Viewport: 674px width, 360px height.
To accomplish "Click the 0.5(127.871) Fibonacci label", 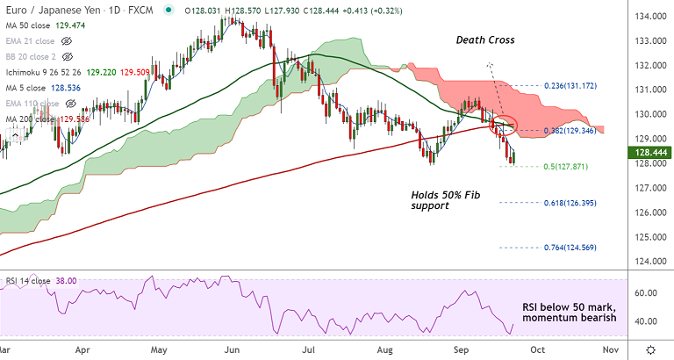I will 564,166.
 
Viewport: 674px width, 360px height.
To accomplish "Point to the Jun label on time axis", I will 232,349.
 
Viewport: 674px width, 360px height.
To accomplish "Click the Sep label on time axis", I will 461,349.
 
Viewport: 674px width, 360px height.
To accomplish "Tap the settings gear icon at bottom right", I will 650,349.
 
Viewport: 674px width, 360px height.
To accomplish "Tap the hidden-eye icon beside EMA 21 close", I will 66,40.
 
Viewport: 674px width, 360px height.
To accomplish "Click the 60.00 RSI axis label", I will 649,292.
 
